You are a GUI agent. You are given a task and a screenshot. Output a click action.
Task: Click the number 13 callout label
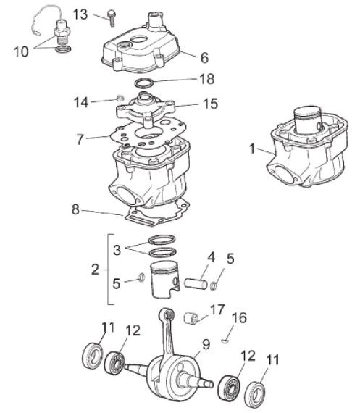[101, 14]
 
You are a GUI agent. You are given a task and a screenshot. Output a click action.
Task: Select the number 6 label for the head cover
[204, 55]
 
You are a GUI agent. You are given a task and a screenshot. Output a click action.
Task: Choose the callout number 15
[210, 104]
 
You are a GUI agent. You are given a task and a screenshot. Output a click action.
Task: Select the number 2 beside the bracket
[95, 270]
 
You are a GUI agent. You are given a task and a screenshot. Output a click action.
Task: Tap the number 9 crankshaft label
[206, 345]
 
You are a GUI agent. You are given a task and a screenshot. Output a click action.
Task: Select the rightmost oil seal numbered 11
[254, 391]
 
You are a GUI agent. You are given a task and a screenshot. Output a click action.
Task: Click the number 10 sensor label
[22, 51]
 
